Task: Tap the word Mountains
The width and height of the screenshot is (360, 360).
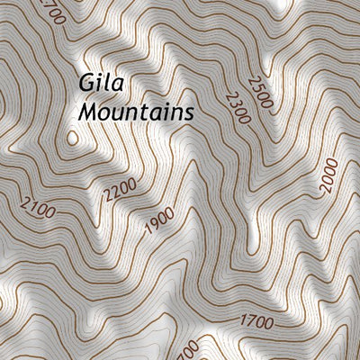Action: pos(136,112)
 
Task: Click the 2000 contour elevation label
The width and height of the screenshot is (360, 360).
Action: pos(328,175)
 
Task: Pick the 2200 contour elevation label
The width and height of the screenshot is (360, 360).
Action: pos(119,188)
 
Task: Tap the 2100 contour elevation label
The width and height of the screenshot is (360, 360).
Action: pos(36,213)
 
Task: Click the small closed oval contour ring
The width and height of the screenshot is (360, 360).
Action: pos(72,139)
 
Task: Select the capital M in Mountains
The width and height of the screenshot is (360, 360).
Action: pos(87,112)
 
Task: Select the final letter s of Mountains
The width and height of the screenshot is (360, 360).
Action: pos(190,114)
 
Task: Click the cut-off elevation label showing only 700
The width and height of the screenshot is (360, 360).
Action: pos(187,348)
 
